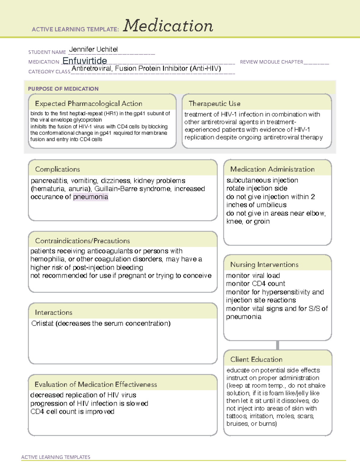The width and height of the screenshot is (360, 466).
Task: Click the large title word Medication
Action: tap(168, 26)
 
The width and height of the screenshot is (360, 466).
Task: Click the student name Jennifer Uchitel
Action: tap(93, 49)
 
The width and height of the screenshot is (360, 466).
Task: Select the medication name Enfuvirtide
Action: tap(85, 61)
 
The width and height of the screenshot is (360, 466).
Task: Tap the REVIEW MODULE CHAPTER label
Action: tap(271, 62)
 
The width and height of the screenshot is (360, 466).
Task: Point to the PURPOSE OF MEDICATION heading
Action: tap(63, 89)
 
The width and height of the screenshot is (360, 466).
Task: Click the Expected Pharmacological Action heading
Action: tap(88, 104)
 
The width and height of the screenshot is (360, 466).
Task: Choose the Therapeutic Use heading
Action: tap(214, 104)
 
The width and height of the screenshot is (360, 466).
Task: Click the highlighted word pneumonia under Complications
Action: tap(91, 197)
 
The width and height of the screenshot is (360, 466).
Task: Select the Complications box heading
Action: tap(57, 169)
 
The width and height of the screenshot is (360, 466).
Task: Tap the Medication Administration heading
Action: tap(272, 169)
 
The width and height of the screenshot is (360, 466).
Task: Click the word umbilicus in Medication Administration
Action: tap(271, 205)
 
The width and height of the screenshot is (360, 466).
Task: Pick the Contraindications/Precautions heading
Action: tap(82, 241)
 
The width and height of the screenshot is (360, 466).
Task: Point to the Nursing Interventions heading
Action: tap(264, 264)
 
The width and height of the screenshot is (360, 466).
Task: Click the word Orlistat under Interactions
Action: tap(42, 323)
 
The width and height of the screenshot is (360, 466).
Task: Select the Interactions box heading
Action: tap(53, 312)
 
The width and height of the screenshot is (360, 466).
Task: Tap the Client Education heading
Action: tap(256, 359)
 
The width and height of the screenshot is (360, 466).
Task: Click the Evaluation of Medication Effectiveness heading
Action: tap(96, 384)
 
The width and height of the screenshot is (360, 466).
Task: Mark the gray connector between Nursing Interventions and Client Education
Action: tap(277, 345)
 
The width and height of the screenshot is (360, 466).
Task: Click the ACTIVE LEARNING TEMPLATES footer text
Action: tap(55, 457)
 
